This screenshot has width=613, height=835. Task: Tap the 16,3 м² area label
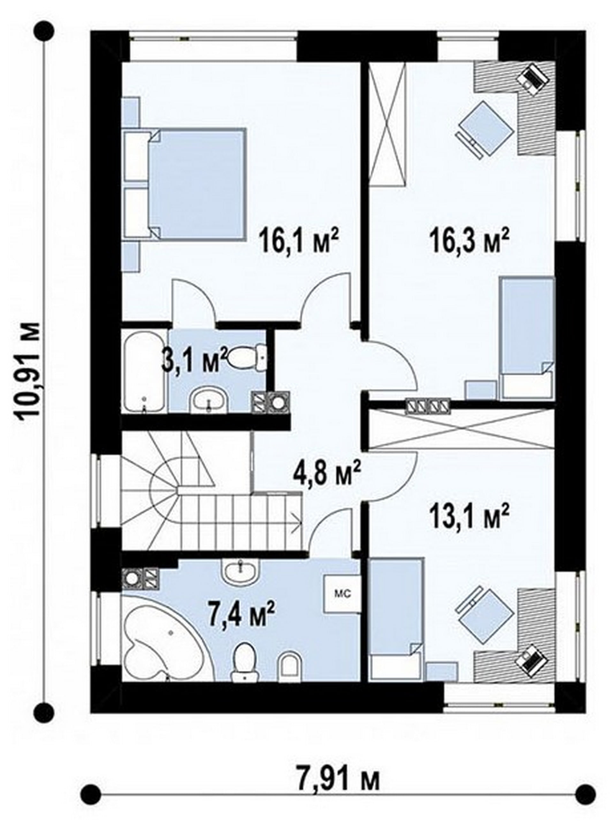(469, 240)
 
